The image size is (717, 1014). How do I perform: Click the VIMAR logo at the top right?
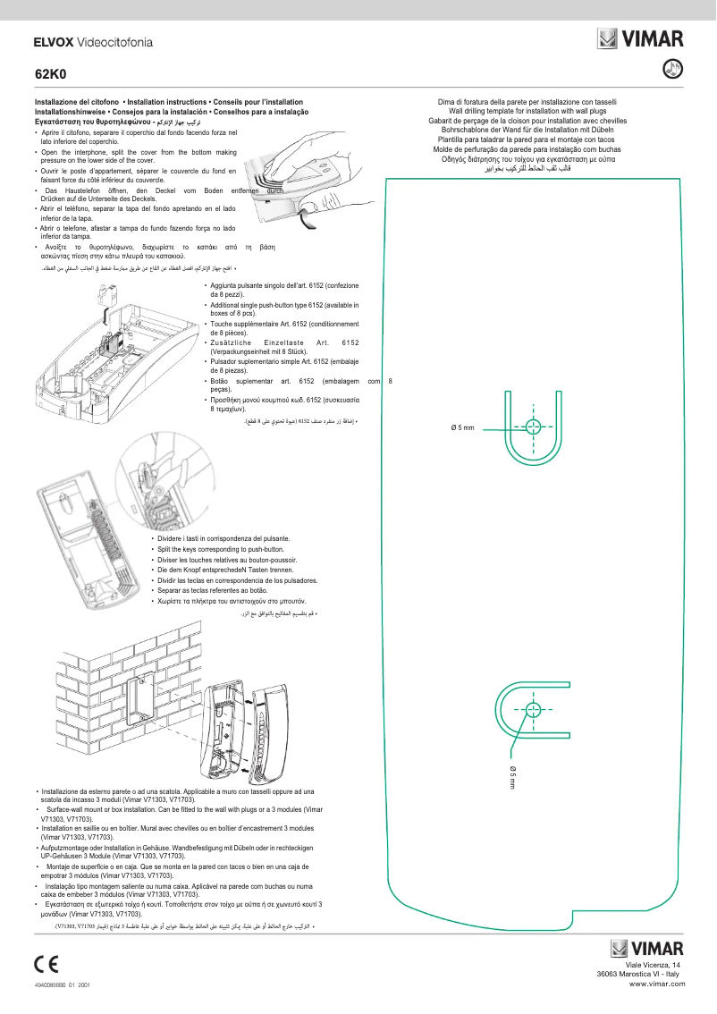pos(641,38)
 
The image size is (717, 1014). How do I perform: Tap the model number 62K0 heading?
pos(46,74)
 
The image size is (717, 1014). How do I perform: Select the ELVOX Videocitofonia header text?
pos(93,42)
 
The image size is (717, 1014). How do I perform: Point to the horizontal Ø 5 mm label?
pos(462,427)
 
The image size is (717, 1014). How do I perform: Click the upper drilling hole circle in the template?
pos(533,425)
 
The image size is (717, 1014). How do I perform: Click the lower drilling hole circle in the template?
pos(533,711)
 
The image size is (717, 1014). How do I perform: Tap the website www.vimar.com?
pos(657,983)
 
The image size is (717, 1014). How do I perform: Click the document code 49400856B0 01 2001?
pos(63,984)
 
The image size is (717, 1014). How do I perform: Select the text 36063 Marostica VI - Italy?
pos(638,975)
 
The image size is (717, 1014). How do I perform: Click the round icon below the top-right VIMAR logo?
pos(675,68)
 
